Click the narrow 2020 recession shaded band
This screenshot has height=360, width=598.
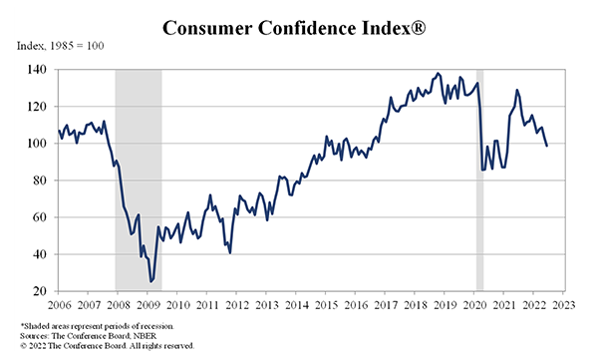click(479, 180)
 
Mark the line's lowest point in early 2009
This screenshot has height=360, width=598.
click(151, 281)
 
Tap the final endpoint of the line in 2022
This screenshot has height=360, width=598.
click(546, 147)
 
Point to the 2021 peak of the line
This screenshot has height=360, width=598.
click(516, 91)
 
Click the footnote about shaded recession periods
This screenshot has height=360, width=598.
click(97, 327)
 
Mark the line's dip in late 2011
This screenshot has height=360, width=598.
click(230, 253)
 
